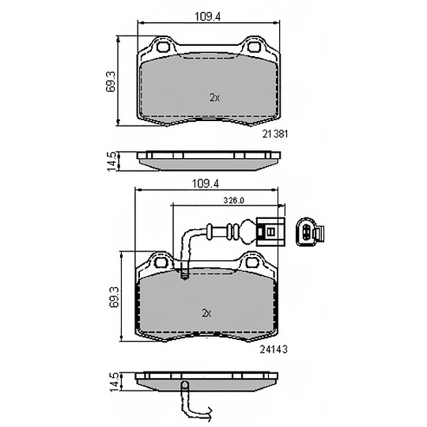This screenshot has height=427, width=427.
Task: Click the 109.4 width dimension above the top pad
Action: pos(207,17)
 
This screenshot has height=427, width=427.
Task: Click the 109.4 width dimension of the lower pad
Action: pos(206,183)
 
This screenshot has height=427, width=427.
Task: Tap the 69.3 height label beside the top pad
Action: pos(111,81)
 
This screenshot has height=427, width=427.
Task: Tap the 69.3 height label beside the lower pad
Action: pos(115,297)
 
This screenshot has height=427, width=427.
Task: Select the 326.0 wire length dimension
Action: pos(233,200)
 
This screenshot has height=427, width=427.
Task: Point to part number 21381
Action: pos(274,134)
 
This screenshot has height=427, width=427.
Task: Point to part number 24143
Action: pos(274,350)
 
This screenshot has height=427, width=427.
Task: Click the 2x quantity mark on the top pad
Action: pos(215,97)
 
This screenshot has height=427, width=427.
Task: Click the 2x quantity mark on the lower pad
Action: pos(207,313)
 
